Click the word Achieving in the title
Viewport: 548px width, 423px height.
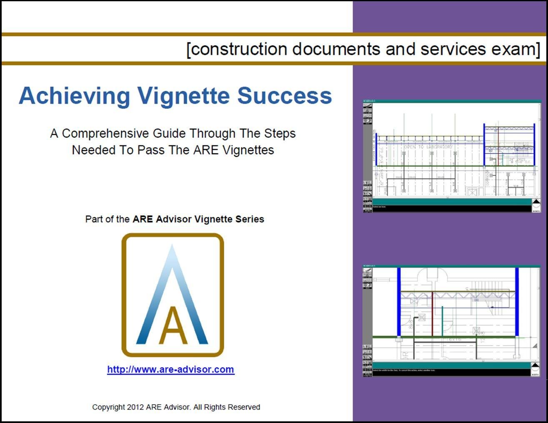click(75, 96)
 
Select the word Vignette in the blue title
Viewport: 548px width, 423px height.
click(184, 96)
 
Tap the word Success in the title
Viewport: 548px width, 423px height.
click(285, 96)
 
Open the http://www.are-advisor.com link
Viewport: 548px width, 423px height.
click(170, 370)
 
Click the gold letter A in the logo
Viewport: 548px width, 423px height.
click(173, 326)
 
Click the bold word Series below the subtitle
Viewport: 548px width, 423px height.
click(250, 219)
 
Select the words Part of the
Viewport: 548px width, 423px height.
click(108, 219)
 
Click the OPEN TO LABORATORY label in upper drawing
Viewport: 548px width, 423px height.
click(428, 147)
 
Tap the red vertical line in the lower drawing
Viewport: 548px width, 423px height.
click(433, 314)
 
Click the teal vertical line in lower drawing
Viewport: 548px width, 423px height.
click(442, 321)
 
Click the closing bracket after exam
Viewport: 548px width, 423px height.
click(538, 50)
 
